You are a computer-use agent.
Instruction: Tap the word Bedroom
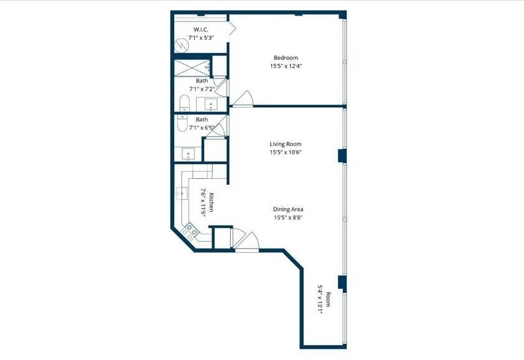point(286,58)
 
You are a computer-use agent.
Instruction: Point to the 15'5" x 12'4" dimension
point(286,66)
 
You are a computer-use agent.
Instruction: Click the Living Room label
point(286,144)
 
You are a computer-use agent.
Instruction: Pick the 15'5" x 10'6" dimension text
point(286,152)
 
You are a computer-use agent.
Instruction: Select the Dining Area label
point(288,209)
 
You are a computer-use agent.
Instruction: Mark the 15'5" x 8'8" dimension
point(288,217)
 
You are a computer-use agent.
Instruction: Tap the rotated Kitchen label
point(212,202)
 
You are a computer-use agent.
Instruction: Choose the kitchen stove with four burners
point(190,232)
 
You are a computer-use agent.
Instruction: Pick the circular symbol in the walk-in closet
point(181,46)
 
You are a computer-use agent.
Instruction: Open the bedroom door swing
point(243,98)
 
